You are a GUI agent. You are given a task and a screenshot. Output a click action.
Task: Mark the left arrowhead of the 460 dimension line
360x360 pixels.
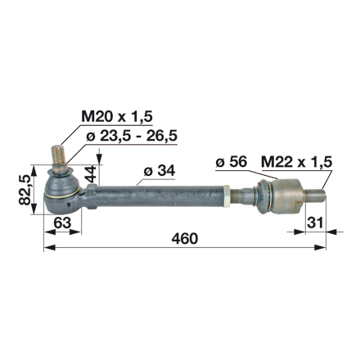(47, 247)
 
